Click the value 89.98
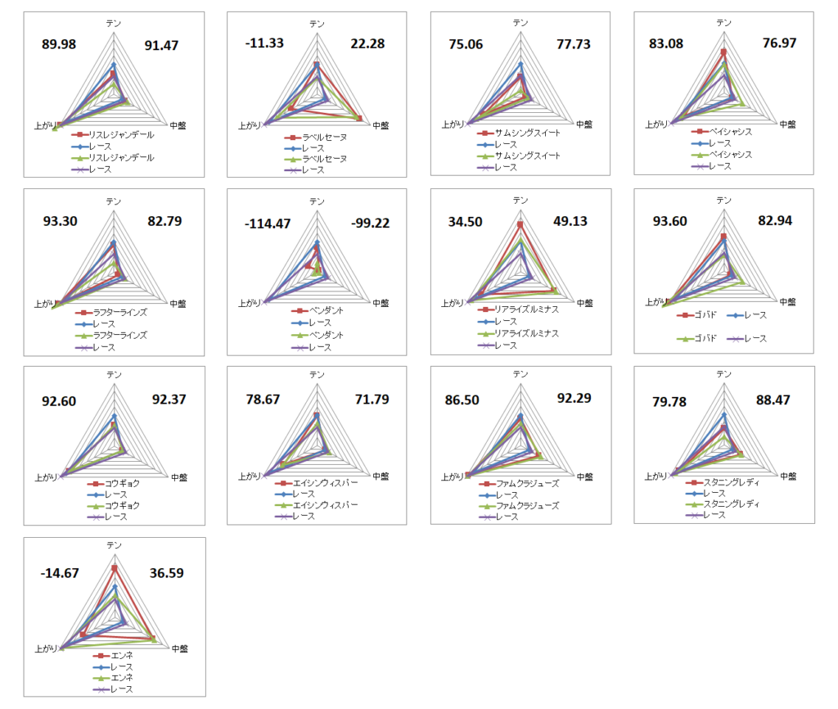click(59, 44)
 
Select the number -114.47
click(267, 223)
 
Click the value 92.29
click(573, 399)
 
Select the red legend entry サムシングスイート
click(527, 133)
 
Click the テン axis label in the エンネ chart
click(115, 545)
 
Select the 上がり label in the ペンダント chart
click(249, 303)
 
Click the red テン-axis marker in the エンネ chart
click(115, 568)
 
